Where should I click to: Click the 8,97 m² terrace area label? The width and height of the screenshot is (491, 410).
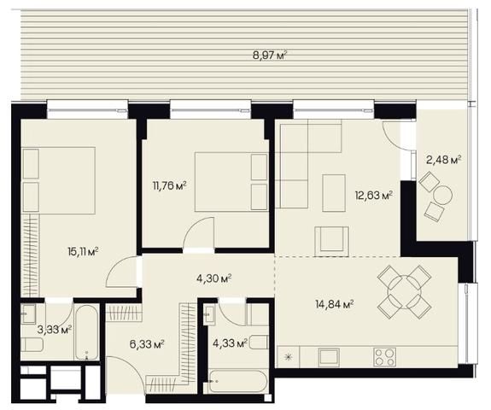(270, 56)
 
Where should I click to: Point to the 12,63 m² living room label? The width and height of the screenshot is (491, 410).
(374, 196)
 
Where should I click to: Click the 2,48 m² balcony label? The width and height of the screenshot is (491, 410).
(444, 160)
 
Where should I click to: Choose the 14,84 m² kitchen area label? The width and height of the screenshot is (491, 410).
(335, 303)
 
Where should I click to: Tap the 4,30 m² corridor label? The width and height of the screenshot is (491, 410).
(213, 278)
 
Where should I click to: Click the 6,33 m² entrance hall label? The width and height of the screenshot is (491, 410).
(147, 344)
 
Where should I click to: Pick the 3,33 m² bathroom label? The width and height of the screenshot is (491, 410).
(55, 329)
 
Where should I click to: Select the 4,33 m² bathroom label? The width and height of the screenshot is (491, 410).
(230, 343)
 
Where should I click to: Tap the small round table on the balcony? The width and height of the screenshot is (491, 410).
(443, 195)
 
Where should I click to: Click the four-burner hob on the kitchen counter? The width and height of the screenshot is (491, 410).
(385, 357)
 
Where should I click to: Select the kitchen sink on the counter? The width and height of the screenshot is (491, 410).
(329, 357)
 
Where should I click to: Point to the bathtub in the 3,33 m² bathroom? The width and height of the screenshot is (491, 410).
(87, 332)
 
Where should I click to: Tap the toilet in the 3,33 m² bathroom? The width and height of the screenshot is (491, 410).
(32, 345)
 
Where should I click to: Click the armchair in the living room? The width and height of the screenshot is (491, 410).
(331, 241)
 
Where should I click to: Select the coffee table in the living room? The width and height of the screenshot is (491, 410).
(334, 193)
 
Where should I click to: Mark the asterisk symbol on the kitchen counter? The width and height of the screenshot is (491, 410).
(288, 357)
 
